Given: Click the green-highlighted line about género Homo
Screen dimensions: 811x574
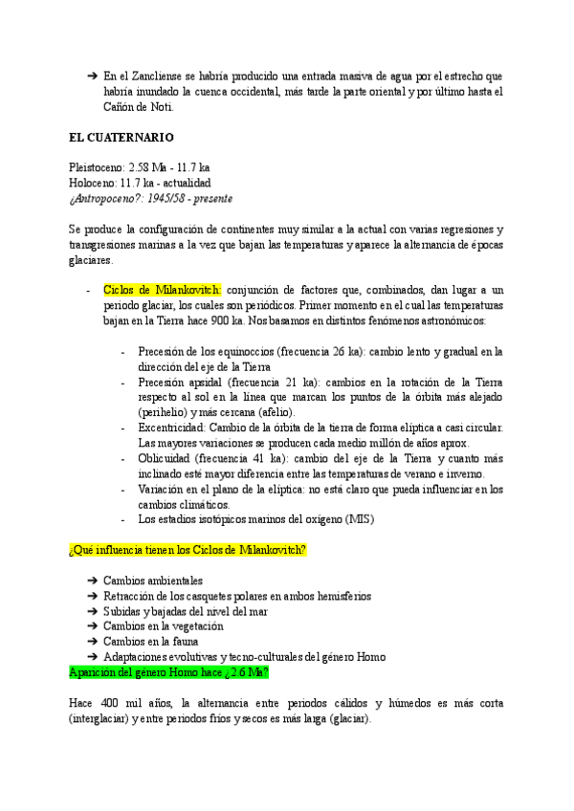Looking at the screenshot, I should [167, 672].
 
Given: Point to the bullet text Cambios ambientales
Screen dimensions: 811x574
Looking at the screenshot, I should [152, 581].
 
